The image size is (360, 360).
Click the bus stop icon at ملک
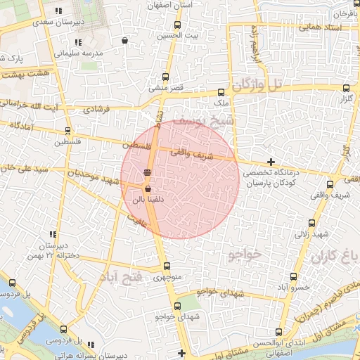221,92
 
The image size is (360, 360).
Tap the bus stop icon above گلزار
345,89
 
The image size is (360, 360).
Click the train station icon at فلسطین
67,130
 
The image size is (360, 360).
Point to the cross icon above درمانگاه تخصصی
271,162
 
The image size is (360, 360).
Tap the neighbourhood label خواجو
245,251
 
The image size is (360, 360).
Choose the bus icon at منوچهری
166,266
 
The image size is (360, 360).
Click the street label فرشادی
96,110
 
